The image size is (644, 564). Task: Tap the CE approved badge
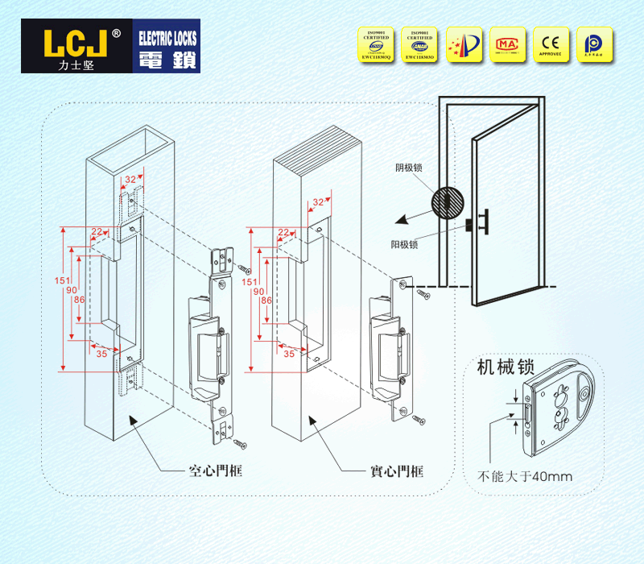[x=550, y=45]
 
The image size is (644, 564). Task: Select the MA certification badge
[x=506, y=45]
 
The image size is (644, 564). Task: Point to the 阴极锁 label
[x=408, y=168]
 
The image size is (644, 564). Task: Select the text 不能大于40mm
[x=525, y=476]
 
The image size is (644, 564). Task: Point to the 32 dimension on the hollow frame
[x=130, y=180]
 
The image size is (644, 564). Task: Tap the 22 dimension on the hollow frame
[x=98, y=232]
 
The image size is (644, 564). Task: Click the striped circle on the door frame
[x=449, y=202]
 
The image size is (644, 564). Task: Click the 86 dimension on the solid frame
[x=266, y=300]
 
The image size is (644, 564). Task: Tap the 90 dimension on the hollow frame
[x=71, y=290]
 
